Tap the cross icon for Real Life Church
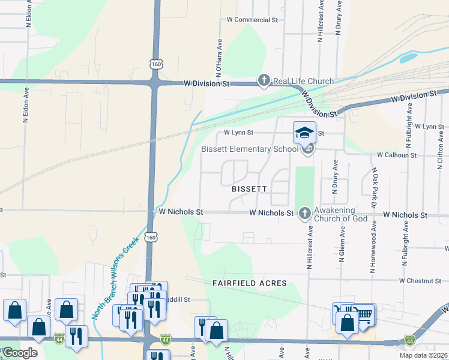point(264,80)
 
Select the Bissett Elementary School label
point(249,149)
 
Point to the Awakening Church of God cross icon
point(305,212)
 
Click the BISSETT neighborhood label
point(249,188)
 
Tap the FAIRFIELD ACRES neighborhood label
point(249,283)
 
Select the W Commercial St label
point(252,20)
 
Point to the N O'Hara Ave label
point(220,56)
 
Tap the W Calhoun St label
point(396,155)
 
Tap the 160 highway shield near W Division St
point(155,64)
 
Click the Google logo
point(20,353)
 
